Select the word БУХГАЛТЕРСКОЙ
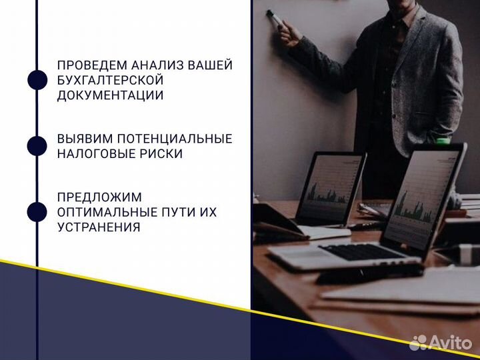pyautogui.click(x=110, y=80)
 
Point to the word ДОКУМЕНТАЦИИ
pyautogui.click(x=110, y=95)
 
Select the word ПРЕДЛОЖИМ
pyautogui.click(x=90, y=197)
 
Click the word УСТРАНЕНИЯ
pyautogui.click(x=98, y=227)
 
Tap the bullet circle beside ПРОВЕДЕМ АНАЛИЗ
pyautogui.click(x=37, y=80)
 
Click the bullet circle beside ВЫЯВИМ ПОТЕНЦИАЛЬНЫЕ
pyautogui.click(x=37, y=146)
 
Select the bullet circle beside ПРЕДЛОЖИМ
pyautogui.click(x=37, y=212)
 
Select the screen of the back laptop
pyautogui.click(x=329, y=187)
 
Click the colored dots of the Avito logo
pyautogui.click(x=418, y=343)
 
